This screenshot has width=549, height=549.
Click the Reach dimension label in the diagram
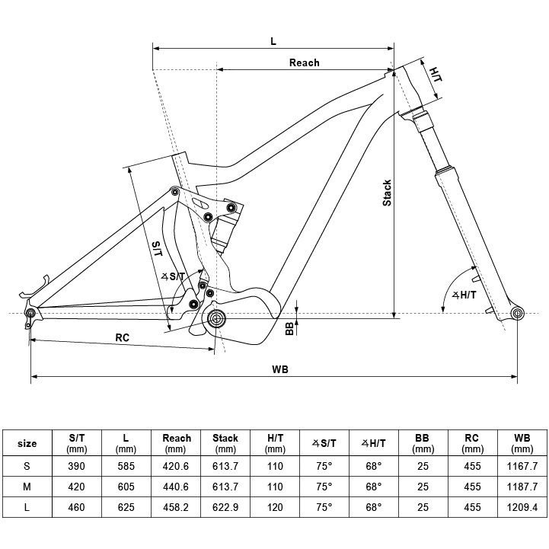(x=304, y=62)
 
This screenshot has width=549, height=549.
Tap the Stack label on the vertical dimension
(x=387, y=193)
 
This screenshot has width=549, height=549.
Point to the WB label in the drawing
(x=280, y=369)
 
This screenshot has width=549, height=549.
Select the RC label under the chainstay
(x=123, y=337)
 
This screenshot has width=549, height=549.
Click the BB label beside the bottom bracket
(x=289, y=327)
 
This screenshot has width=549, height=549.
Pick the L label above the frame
(x=273, y=41)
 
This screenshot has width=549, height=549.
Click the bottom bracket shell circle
(x=215, y=318)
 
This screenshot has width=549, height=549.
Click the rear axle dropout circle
(x=31, y=312)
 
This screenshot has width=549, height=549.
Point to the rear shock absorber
(x=225, y=225)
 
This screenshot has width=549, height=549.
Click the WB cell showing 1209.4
(x=522, y=506)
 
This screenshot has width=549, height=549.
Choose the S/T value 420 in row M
(x=76, y=486)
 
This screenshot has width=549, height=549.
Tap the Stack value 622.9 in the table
(x=225, y=506)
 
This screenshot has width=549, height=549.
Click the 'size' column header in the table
(x=27, y=443)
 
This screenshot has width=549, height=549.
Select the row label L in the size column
(x=27, y=506)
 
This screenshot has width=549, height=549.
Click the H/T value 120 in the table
(x=275, y=506)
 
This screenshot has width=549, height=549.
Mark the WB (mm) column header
(x=522, y=443)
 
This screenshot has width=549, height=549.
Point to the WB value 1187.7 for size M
(x=522, y=486)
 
